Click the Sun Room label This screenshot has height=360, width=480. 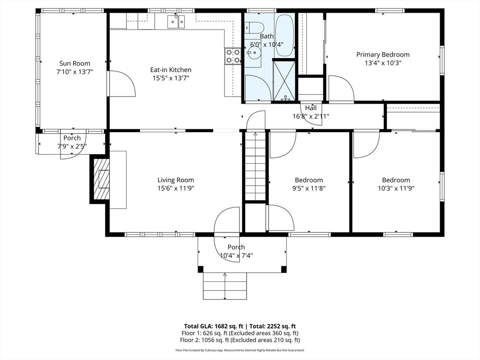point(75,63)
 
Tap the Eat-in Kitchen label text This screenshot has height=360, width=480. point(171,70)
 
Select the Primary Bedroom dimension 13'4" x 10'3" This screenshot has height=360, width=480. point(382,62)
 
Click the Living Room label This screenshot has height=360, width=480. point(175,180)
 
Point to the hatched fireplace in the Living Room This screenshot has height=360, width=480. point(101,180)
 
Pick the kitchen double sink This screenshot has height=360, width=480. point(177,21)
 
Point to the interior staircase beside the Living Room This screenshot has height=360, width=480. point(255,166)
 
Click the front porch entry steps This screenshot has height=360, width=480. point(225,285)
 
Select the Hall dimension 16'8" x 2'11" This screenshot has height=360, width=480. point(311,116)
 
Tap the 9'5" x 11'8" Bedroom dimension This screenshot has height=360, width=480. point(309,188)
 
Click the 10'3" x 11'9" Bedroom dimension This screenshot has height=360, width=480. point(396,188)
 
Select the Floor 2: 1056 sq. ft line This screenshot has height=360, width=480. point(240,340)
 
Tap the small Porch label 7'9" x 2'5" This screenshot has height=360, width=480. point(72,146)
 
